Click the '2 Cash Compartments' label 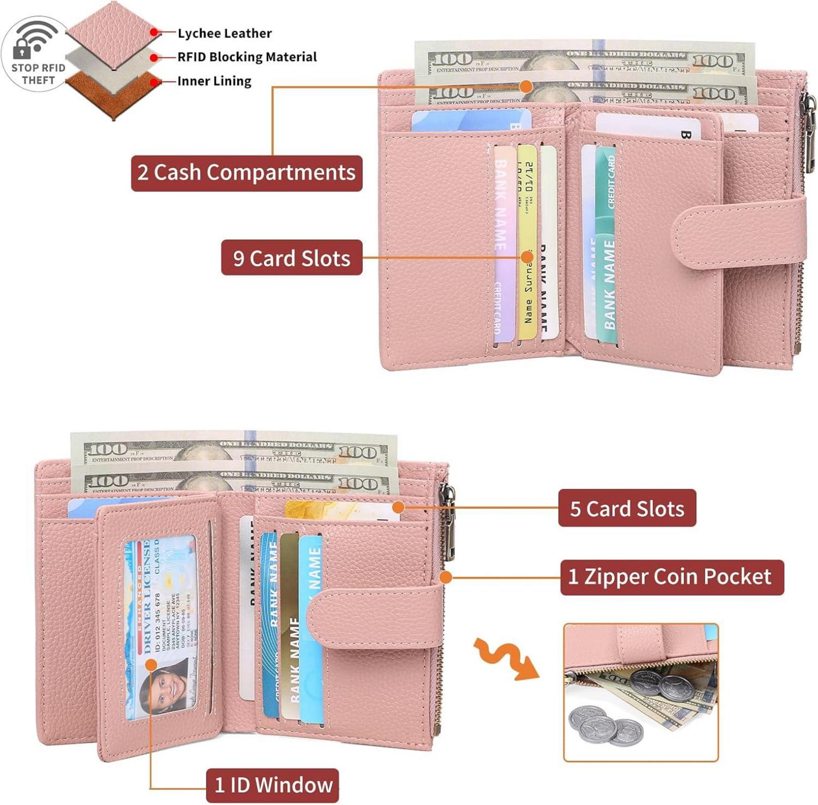[x=246, y=173]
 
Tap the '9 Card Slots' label [x=291, y=258]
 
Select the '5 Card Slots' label [x=627, y=508]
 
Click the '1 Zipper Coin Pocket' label [x=672, y=577]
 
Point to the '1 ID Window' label [x=272, y=785]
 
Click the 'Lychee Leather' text [x=224, y=33]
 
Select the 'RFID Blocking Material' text [x=247, y=57]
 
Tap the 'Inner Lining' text [x=214, y=81]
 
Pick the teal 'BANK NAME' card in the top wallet [x=606, y=247]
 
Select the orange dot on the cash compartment [x=526, y=86]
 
